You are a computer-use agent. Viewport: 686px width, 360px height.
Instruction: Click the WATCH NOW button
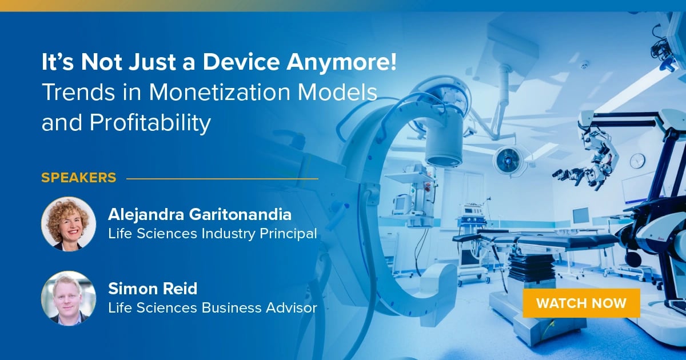(x=581, y=303)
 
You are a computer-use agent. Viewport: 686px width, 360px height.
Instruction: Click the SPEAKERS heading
(x=78, y=178)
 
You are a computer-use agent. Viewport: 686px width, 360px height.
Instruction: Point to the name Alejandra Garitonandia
(x=200, y=215)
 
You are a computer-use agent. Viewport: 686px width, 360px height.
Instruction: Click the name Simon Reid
(x=145, y=289)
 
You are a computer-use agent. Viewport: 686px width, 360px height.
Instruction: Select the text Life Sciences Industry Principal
(x=212, y=234)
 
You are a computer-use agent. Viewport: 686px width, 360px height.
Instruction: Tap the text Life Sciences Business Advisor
(x=212, y=308)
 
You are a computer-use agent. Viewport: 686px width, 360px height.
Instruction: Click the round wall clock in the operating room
(x=637, y=161)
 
